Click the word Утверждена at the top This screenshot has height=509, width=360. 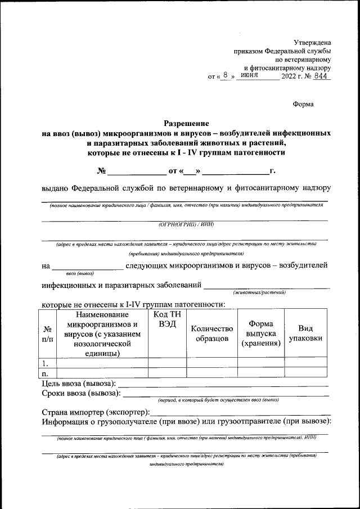click(313, 42)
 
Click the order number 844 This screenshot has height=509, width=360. click(322, 75)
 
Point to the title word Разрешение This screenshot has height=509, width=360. click(186, 123)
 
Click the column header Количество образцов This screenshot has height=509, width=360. click(211, 334)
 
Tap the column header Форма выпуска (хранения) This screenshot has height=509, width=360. click(261, 334)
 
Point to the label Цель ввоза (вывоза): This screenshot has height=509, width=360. click(79, 383)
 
